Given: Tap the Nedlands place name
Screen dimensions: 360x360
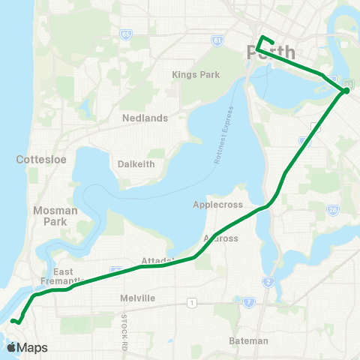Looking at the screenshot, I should click(145, 118).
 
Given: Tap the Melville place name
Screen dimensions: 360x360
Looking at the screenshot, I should click(138, 298).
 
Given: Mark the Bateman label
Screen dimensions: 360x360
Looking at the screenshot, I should click(248, 340).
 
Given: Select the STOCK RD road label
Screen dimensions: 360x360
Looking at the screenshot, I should click(121, 331).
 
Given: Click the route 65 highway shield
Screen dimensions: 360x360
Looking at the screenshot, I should click(125, 34).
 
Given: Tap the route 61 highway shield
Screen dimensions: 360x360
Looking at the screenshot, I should click(217, 40).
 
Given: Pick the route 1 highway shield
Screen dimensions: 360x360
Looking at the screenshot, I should click(192, 302).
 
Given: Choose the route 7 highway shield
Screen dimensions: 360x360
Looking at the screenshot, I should click(247, 301).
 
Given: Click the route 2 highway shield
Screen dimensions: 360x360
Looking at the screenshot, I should click(267, 281).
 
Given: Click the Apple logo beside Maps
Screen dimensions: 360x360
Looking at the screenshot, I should click(11, 347).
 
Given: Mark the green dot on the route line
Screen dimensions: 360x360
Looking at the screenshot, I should click(346, 91).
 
